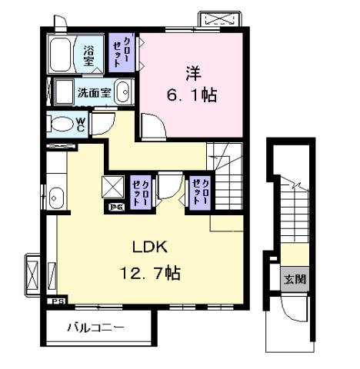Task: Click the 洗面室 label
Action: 92,93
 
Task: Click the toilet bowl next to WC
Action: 59,123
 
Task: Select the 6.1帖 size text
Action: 189,95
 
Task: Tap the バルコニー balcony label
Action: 95,327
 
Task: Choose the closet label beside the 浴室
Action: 122,51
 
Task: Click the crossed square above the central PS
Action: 112,186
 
